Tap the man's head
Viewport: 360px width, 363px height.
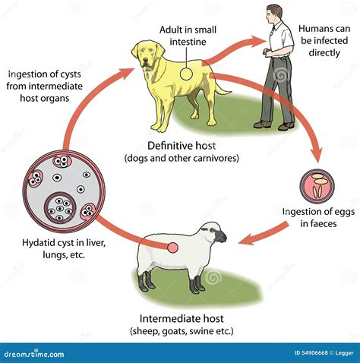[x=273, y=13]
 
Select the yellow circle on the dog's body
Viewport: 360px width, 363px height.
[x=186, y=74]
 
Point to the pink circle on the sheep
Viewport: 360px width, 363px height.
[x=173, y=248]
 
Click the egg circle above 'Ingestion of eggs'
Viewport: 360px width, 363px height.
[x=317, y=186]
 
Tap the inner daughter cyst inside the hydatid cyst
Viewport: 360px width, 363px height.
[x=60, y=207]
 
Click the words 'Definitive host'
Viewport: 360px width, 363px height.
[x=182, y=146]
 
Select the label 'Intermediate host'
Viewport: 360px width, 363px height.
[x=182, y=318]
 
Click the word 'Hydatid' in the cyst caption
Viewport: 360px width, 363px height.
[x=36, y=243]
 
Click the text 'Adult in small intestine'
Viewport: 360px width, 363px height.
[x=188, y=36]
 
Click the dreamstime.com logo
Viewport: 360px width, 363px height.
[x=34, y=353]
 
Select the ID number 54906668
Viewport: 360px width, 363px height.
[x=314, y=353]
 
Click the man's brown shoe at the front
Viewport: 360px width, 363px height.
[x=262, y=125]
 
